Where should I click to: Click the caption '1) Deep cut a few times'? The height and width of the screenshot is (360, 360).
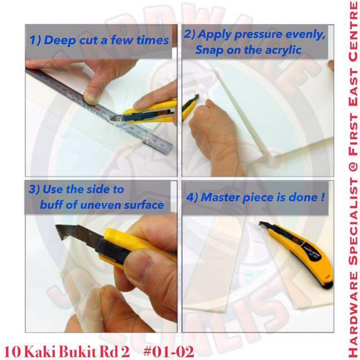tap(98, 40)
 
